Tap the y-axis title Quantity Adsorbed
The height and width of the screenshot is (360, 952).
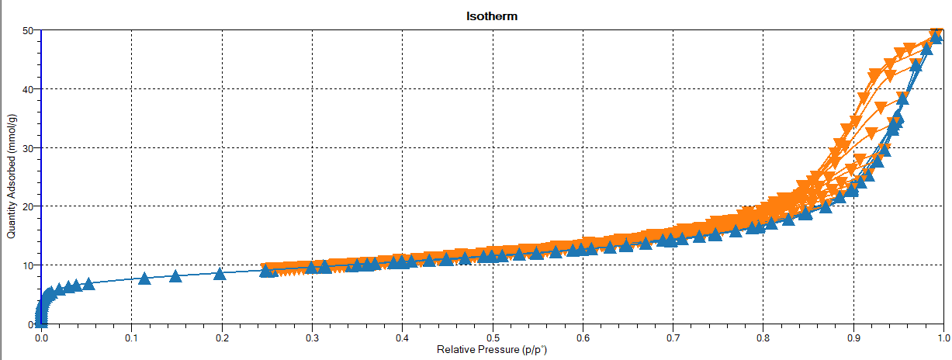click(x=12, y=176)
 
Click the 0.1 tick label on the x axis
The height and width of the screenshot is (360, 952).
click(x=131, y=338)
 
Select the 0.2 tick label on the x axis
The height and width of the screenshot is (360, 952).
click(x=222, y=338)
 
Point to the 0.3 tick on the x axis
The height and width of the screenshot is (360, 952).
click(x=312, y=338)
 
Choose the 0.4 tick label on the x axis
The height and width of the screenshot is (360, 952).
click(x=402, y=338)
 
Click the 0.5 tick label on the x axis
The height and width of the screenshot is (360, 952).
click(x=492, y=338)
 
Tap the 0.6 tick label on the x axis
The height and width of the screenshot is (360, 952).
click(x=583, y=338)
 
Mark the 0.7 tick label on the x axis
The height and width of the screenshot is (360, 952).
click(x=673, y=338)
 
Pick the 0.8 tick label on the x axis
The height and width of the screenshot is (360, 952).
click(x=763, y=338)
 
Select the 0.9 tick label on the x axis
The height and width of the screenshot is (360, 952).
click(x=853, y=338)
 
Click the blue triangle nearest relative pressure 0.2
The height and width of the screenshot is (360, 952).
click(x=220, y=273)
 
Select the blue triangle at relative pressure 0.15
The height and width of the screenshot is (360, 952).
click(x=175, y=276)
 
